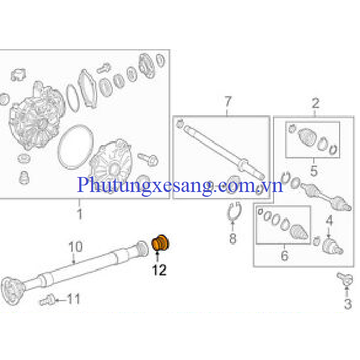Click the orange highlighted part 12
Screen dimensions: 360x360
pos(160,243)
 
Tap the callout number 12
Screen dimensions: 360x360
pos(159,270)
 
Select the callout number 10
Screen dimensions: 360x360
pos(76,247)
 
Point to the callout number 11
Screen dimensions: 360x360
pos(73,299)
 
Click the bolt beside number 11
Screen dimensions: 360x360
pos(47,300)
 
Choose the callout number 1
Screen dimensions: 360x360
pos(80,214)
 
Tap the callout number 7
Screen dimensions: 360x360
pos(227,102)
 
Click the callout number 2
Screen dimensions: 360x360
pos(316,103)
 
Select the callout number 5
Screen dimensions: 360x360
pos(314,170)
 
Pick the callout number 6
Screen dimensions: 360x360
pos(284,256)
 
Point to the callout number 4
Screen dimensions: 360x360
pos(329,220)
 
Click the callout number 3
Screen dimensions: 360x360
pos(347,304)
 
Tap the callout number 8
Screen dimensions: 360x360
pos(233,238)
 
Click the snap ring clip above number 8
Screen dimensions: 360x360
pos(234,211)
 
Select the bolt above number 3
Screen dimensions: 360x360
pos(344,278)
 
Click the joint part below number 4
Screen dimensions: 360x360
pos(332,247)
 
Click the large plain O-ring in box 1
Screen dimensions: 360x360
pos(76,147)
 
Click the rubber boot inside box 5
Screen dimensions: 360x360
pos(307,137)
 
